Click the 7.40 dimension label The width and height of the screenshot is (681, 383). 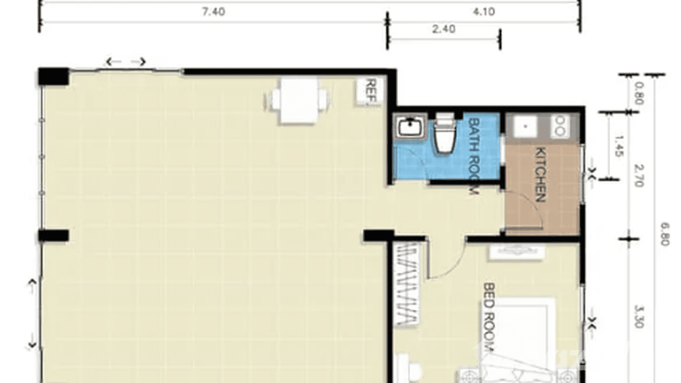coord(213,12)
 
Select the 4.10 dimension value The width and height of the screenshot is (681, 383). coord(484,12)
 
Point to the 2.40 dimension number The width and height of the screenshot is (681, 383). coord(444,29)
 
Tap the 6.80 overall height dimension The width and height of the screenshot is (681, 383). coord(665,234)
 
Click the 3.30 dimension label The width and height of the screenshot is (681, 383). coord(638,315)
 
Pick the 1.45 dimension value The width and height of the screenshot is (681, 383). coord(618,146)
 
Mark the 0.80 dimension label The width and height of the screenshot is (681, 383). coord(638,94)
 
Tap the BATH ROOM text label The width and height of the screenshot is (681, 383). coord(473,155)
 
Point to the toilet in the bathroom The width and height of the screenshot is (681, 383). coord(445,134)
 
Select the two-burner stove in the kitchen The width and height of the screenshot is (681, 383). coord(561,126)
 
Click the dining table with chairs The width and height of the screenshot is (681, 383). coord(298,100)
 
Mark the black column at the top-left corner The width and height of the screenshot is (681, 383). coord(53,76)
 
